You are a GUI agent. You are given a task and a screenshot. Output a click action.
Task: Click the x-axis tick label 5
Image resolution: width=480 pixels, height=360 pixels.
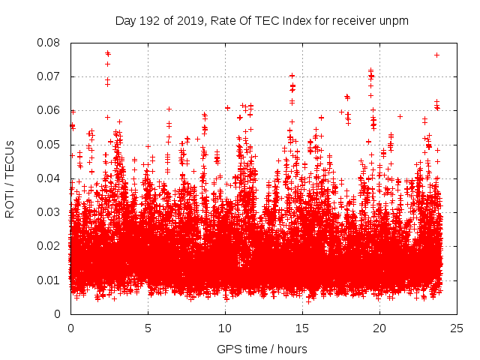(x=148, y=328)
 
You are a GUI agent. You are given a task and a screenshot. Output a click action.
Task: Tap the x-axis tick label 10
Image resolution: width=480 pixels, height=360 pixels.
(x=225, y=328)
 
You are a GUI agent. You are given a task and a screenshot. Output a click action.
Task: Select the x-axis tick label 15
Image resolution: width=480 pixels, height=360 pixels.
(x=302, y=328)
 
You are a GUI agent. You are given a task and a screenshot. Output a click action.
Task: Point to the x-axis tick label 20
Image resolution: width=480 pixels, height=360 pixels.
(x=379, y=328)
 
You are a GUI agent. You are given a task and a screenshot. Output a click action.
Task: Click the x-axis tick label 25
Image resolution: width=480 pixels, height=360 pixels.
(x=457, y=328)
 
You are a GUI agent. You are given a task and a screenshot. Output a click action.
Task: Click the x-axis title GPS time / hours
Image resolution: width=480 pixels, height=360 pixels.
(x=262, y=349)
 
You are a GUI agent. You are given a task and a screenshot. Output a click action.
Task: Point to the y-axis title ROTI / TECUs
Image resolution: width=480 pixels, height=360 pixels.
(x=10, y=178)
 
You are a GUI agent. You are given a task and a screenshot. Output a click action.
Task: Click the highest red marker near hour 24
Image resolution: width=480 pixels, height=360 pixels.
(x=436, y=55)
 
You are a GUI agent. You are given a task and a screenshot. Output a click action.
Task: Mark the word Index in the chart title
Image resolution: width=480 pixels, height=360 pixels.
(x=293, y=20)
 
